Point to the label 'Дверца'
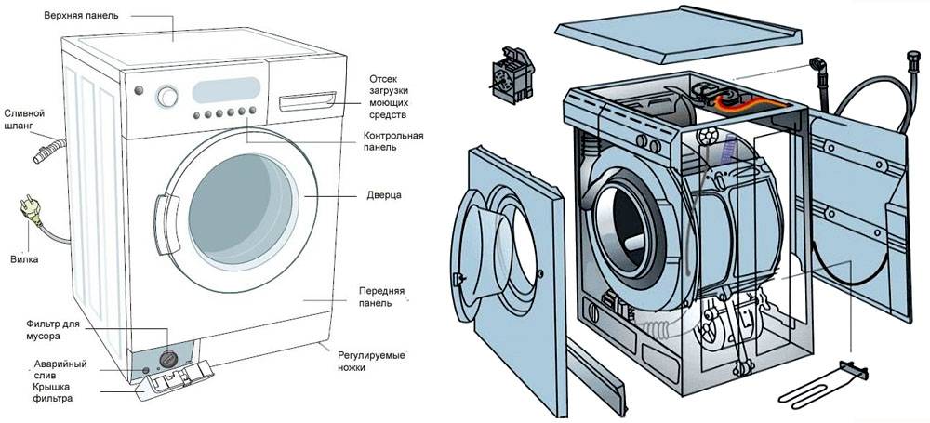click(x=383, y=196)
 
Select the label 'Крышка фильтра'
click(x=52, y=391)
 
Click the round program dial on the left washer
click(x=167, y=96)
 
